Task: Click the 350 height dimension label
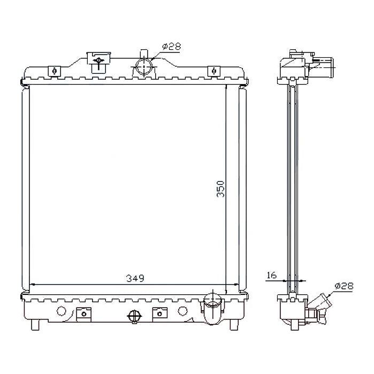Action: [x=220, y=189]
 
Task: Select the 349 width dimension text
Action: [x=135, y=278]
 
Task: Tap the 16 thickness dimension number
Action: [x=271, y=275]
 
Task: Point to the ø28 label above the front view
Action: [x=172, y=46]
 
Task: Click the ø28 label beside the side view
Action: [x=344, y=286]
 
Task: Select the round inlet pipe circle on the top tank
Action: [x=144, y=67]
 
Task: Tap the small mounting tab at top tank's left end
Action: [x=55, y=71]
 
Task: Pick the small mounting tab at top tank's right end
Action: [x=214, y=71]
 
